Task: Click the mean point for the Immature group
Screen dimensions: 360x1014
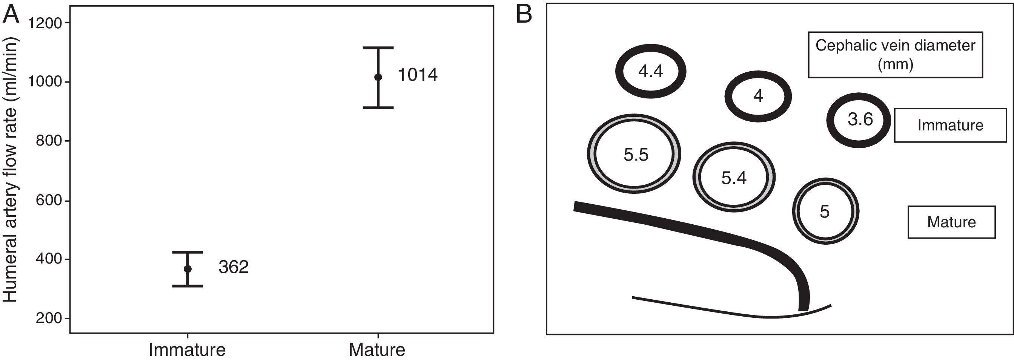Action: [x=188, y=269]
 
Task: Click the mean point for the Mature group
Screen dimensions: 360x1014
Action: [x=378, y=77]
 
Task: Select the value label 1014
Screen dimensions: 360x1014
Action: [x=418, y=75]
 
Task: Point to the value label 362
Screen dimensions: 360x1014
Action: [x=234, y=268]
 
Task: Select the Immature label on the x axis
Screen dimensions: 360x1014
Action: [x=187, y=350]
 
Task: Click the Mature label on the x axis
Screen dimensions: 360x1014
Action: [x=377, y=350]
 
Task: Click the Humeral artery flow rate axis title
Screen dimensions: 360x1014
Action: [x=11, y=170]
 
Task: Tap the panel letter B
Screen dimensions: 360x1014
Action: [x=524, y=15]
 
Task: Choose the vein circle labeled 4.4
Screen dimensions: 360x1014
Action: [x=651, y=71]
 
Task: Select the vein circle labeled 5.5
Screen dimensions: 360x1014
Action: [x=634, y=154]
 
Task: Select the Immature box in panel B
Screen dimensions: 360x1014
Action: [x=950, y=125]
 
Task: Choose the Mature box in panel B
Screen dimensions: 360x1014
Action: [x=951, y=222]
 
